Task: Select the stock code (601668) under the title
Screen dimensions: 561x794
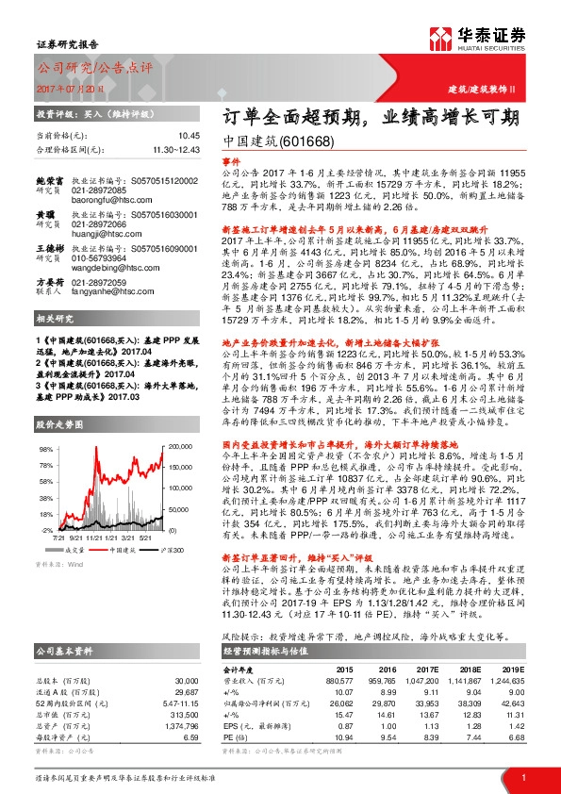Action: pos(306,141)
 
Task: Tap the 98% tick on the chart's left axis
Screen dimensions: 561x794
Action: pos(47,450)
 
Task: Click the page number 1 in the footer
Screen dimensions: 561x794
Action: pos(522,776)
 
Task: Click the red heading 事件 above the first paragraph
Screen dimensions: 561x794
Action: pos(232,161)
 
